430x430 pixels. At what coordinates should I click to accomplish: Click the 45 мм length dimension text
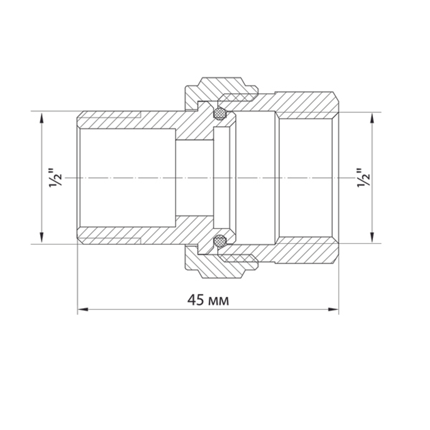point(208,300)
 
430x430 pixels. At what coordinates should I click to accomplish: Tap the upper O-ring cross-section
point(220,114)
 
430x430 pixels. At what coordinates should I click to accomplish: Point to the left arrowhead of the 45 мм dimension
point(83,309)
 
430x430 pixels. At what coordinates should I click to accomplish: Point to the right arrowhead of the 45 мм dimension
point(334,309)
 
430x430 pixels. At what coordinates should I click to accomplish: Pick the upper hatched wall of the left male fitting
point(129,120)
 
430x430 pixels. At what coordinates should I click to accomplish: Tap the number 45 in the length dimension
point(196,300)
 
